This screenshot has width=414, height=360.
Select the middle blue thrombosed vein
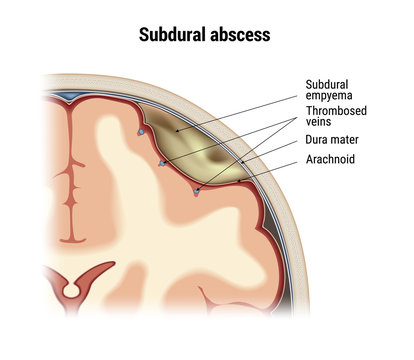[161, 161]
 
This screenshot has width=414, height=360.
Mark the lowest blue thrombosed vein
[197, 191]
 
